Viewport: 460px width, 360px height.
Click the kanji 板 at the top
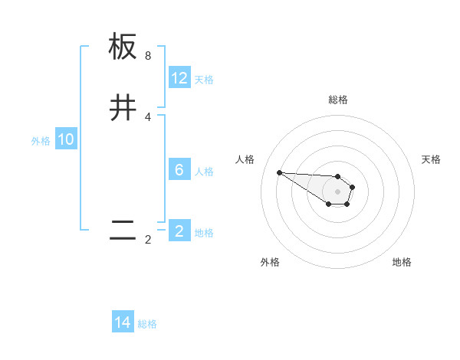pos(123,47)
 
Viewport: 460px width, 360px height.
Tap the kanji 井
pos(123,109)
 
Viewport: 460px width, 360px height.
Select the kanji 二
pos(123,231)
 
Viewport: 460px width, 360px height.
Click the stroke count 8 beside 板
pos(148,56)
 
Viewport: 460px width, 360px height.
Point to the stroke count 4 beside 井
pos(148,117)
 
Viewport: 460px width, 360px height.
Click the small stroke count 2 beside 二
pos(148,240)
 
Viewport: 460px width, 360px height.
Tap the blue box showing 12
pos(179,78)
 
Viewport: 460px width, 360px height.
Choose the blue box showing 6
pos(179,170)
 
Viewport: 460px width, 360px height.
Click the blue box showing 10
pos(66,139)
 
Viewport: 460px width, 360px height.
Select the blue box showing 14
pos(123,322)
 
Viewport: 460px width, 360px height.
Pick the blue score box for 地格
pos(179,231)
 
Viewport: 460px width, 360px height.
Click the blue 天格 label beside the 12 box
pos(204,80)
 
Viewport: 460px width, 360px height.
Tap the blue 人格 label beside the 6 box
pos(204,172)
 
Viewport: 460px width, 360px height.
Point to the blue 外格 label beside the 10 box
pos(41,141)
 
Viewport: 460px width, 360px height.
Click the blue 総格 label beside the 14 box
pos(147,324)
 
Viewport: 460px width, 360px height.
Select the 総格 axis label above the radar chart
pos(338,100)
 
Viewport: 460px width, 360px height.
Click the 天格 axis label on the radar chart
pos(431,159)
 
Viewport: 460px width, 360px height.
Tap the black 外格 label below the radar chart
pos(270,262)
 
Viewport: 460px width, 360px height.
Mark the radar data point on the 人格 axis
pos(279,172)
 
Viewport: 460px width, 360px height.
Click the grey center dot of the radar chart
pos(337,191)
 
